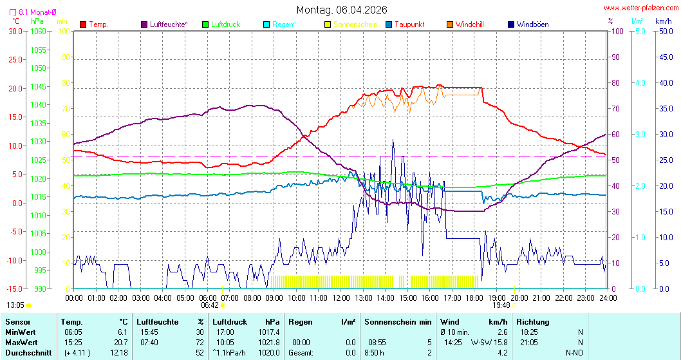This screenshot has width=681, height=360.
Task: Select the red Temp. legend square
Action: coord(83,24)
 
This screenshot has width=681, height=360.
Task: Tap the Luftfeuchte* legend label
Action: coord(169,24)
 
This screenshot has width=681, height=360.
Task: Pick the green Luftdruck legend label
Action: coord(225,24)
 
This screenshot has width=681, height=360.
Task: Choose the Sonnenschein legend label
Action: coord(355,24)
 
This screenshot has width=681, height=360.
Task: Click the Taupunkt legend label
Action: coord(410,24)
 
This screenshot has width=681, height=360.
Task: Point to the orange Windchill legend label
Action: coord(469,24)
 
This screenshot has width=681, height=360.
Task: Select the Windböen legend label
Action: coord(532,24)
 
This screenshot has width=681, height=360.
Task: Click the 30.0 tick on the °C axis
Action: coord(14,31)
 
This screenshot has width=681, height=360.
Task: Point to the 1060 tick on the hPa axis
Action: coord(38,31)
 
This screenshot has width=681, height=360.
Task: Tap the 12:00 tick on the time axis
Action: coord(341,298)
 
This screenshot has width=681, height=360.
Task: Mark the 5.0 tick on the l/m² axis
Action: coord(640,31)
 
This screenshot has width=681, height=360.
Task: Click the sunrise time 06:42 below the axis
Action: coord(210,305)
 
